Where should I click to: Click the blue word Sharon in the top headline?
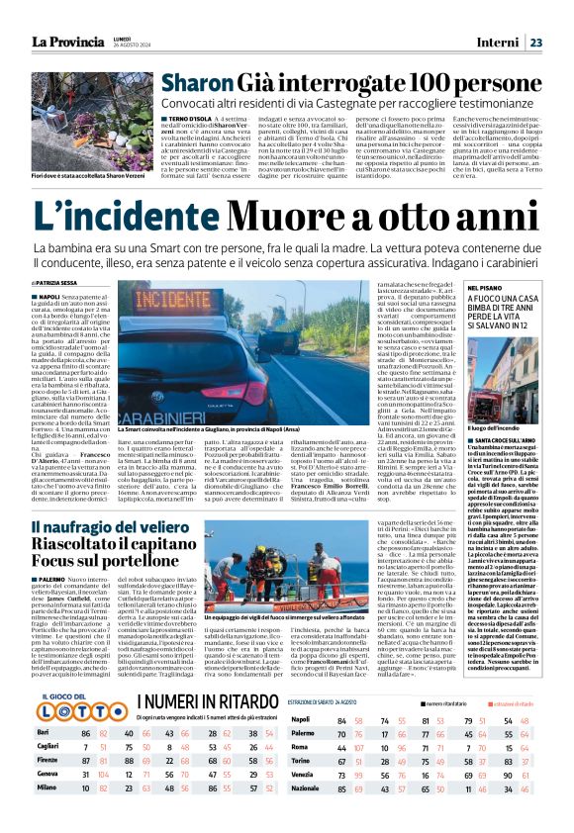coord(198,84)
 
